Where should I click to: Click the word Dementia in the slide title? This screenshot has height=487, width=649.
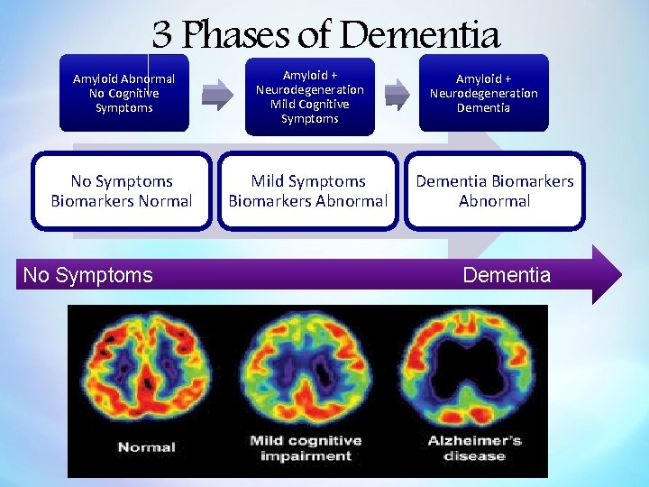point(420,35)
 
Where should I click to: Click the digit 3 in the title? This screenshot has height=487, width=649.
point(161,35)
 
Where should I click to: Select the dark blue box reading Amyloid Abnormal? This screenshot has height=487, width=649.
point(124,93)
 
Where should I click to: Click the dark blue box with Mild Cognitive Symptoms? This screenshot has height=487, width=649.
point(309,95)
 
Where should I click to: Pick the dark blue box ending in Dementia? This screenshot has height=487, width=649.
point(483,93)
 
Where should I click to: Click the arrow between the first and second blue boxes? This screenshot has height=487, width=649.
point(217,92)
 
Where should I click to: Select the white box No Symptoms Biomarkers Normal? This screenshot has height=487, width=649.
point(122,191)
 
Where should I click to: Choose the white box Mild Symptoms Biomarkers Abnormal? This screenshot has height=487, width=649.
point(308,191)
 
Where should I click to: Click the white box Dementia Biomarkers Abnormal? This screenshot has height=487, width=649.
point(494,191)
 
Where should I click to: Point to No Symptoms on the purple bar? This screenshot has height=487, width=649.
point(88,275)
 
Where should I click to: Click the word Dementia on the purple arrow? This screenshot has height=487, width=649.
point(507,275)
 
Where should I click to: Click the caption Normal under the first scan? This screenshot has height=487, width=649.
point(147,447)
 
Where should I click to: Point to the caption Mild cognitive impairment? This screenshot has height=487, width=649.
point(306,447)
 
